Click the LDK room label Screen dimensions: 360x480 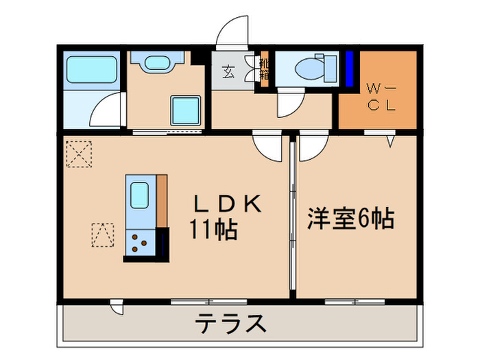tap(226, 204)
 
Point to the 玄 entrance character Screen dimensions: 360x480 tap(228, 71)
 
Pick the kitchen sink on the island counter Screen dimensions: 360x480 tap(139, 195)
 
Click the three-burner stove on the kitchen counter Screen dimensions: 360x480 tap(141, 243)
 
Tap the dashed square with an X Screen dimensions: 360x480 tap(79, 153)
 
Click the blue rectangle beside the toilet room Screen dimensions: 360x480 tap(349, 69)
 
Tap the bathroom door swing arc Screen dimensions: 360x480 tap(106, 110)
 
